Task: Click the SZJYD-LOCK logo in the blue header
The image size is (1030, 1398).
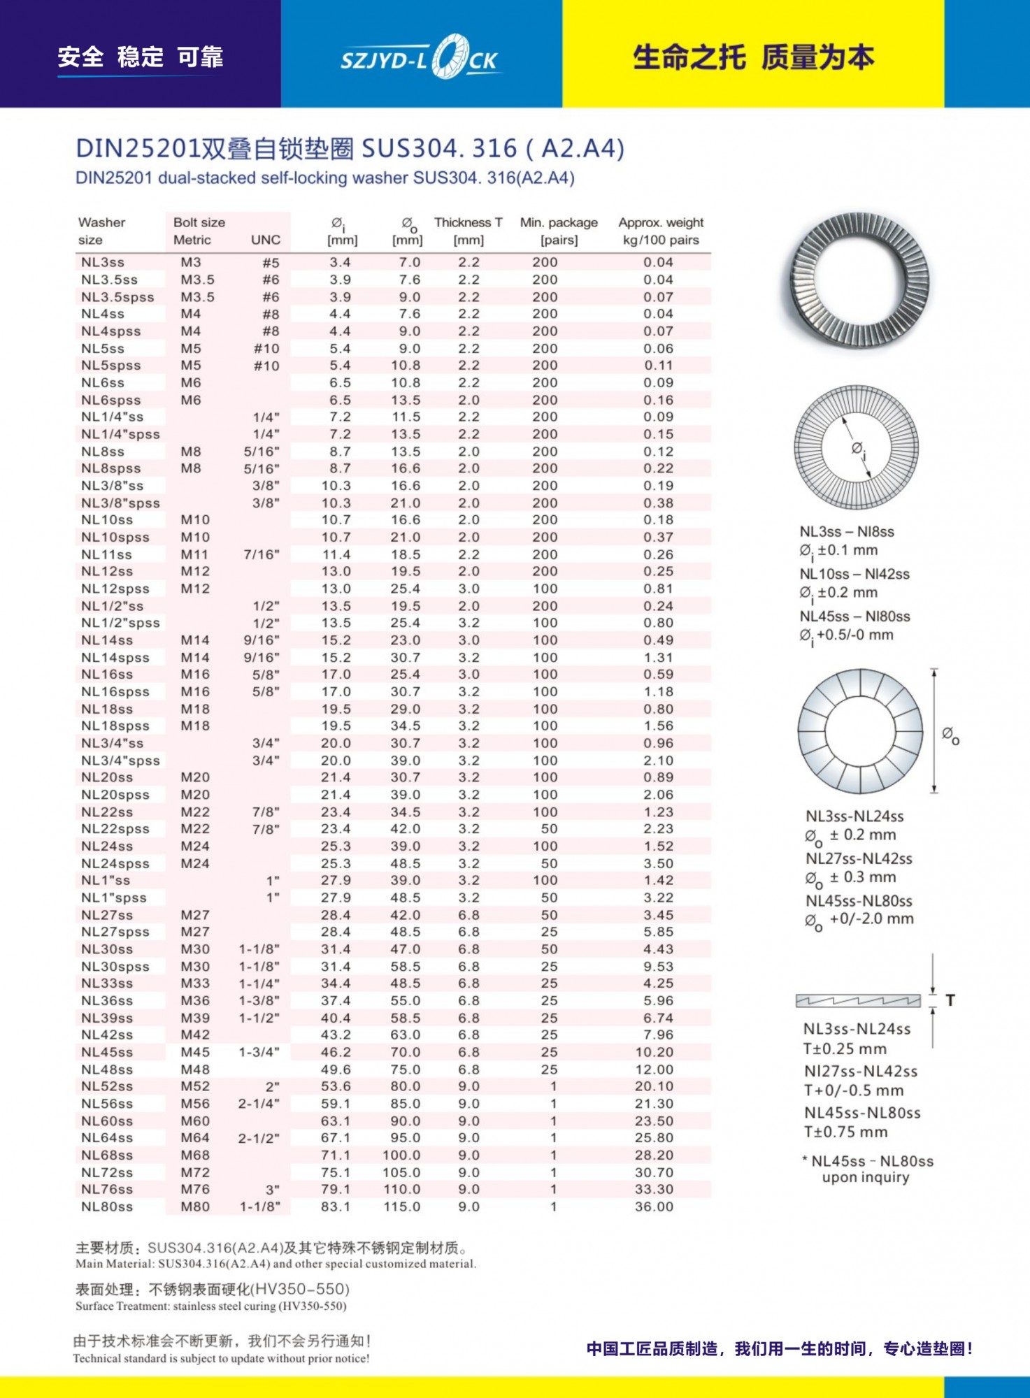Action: pyautogui.click(x=420, y=58)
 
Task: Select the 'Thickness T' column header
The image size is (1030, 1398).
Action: pyautogui.click(x=468, y=223)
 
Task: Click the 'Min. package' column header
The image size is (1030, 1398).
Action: pyautogui.click(x=559, y=223)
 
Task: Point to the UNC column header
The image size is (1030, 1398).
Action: pyautogui.click(x=266, y=240)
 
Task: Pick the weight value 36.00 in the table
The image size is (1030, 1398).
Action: pyautogui.click(x=654, y=1207)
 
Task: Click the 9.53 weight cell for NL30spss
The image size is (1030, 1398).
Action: pyautogui.click(x=658, y=967)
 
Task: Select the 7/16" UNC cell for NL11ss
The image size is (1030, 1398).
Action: pyautogui.click(x=262, y=555)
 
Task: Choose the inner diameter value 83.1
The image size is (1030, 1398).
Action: pyautogui.click(x=336, y=1207)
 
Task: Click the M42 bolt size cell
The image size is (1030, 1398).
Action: pyautogui.click(x=195, y=1035)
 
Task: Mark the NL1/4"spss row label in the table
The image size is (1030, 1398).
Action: pyautogui.click(x=120, y=435)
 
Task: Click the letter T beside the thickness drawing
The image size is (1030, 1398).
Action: pyautogui.click(x=950, y=1001)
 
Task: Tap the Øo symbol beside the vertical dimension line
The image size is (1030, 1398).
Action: pyautogui.click(x=950, y=734)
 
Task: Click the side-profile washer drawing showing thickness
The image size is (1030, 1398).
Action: pyautogui.click(x=858, y=1001)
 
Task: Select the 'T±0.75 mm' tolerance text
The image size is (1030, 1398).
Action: pyautogui.click(x=845, y=1132)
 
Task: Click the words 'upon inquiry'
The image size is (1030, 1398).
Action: pyautogui.click(x=866, y=1178)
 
